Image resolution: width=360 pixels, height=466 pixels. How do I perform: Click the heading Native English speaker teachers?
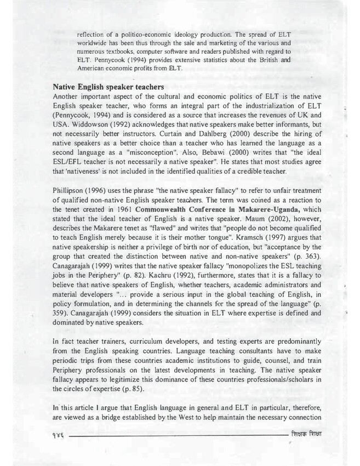click(108, 87)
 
